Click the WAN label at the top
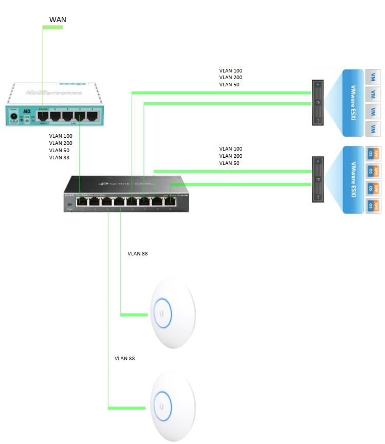pyautogui.click(x=58, y=20)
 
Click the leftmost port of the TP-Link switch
pyautogui.click(x=82, y=202)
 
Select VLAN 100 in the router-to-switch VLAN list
pyautogui.click(x=61, y=136)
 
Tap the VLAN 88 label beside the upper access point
pyautogui.click(x=137, y=254)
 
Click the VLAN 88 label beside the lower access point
pyautogui.click(x=125, y=358)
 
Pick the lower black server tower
pyautogui.click(x=318, y=179)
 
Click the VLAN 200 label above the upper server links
pyautogui.click(x=230, y=78)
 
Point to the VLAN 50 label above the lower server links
pyautogui.click(x=229, y=163)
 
